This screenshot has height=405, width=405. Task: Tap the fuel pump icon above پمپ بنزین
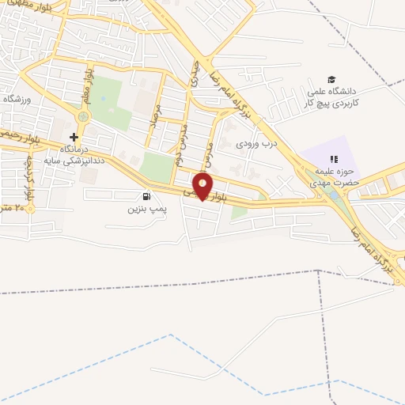[x=145, y=196]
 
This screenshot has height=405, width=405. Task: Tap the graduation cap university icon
[x=332, y=79]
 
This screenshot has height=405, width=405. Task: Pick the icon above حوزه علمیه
[x=333, y=161]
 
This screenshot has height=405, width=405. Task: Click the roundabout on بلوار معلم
[x=83, y=116]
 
